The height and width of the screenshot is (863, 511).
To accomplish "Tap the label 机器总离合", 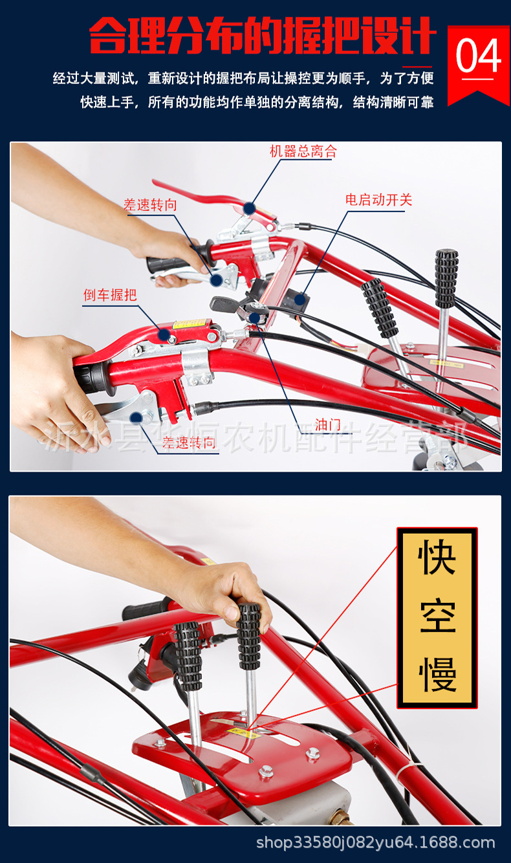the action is [303, 151].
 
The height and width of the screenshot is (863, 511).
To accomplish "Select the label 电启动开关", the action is [378, 199].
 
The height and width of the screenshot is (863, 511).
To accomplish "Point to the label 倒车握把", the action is [110, 295].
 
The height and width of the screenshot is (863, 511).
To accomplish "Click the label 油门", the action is [328, 425].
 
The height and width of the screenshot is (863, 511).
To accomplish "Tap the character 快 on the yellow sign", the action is [437, 557].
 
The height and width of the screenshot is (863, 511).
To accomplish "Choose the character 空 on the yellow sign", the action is [438, 616].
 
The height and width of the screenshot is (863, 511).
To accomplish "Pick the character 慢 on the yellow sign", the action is [438, 674].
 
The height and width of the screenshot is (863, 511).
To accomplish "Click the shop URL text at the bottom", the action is [375, 842].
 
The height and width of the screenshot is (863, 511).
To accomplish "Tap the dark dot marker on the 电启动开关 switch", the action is [300, 299].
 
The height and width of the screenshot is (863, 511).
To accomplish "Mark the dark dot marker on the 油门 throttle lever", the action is [254, 318].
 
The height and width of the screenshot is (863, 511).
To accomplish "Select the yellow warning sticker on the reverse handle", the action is [190, 323].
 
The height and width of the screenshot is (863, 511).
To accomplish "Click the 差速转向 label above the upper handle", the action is [150, 204].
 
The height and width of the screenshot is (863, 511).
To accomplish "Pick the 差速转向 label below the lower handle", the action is [189, 442].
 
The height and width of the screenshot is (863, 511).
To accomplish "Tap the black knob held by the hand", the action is [249, 636].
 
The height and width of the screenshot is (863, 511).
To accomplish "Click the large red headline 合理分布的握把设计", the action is [263, 36].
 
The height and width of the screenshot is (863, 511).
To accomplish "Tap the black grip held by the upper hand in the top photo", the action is [169, 264].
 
